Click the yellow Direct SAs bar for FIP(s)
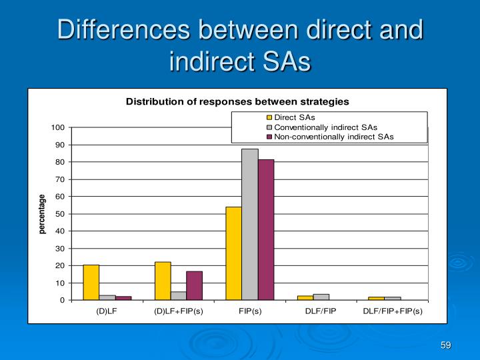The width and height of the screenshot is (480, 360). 233,253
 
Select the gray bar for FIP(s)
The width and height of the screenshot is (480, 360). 249,225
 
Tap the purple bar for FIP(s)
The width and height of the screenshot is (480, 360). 265,230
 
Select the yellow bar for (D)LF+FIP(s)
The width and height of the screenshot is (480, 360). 163,281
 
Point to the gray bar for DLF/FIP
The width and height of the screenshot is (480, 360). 321,297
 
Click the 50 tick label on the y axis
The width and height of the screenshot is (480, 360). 60,214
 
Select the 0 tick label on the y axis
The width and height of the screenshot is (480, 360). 62,300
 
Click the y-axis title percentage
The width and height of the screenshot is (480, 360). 42,214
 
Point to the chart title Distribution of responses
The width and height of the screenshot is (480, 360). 237,101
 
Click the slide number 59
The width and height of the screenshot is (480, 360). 445,344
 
